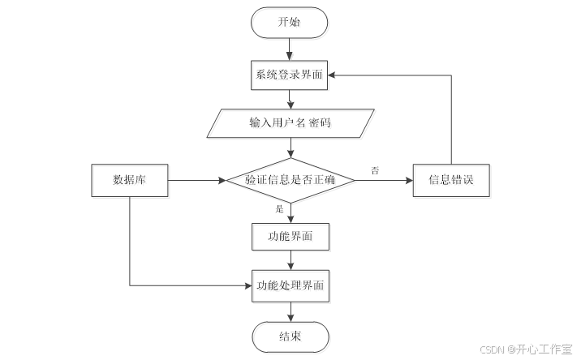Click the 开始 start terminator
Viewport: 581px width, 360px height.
pyautogui.click(x=290, y=23)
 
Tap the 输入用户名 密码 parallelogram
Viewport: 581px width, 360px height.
pyautogui.click(x=290, y=124)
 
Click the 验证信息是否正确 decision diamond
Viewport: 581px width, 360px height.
pyautogui.click(x=290, y=180)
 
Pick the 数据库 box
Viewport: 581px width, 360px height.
pyautogui.click(x=129, y=180)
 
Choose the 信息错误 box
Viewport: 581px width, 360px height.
pyautogui.click(x=451, y=180)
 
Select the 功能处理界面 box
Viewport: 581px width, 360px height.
pyautogui.click(x=290, y=285)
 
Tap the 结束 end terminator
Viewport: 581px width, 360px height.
pyautogui.click(x=290, y=336)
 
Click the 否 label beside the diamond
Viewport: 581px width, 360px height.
pyautogui.click(x=375, y=170)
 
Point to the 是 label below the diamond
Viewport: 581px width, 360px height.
pyautogui.click(x=280, y=208)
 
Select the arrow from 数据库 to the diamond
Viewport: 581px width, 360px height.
pyautogui.click(x=195, y=180)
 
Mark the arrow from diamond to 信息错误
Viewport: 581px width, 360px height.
pyautogui.click(x=383, y=180)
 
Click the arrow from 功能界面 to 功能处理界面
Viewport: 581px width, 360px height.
pyautogui.click(x=290, y=259)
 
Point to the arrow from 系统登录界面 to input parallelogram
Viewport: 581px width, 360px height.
pyautogui.click(x=290, y=98)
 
